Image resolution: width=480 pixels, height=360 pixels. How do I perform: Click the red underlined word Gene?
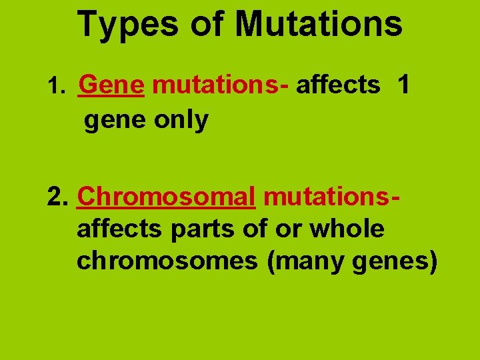tap(111, 85)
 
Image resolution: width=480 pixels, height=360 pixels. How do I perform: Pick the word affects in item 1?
tap(338, 85)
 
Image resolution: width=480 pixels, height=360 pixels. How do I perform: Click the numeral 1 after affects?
tap(403, 85)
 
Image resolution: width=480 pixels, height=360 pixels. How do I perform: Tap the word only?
tap(181, 120)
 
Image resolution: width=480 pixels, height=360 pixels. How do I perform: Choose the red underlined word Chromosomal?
tap(167, 197)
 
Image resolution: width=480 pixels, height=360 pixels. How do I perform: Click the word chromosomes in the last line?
tap(167, 261)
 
